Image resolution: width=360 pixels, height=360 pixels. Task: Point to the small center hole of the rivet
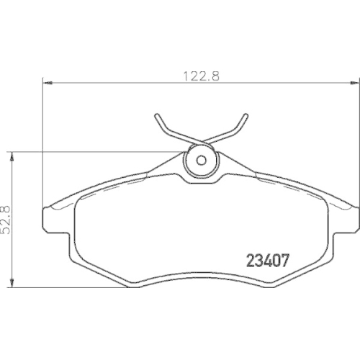pos(202,159)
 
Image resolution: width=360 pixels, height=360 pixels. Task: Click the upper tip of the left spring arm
pos(157,116)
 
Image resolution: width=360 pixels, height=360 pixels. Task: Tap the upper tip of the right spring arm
pos(246,116)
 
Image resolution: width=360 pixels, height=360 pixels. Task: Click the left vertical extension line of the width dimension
pos(44,144)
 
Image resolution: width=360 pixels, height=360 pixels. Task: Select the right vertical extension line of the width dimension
pos(354,144)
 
